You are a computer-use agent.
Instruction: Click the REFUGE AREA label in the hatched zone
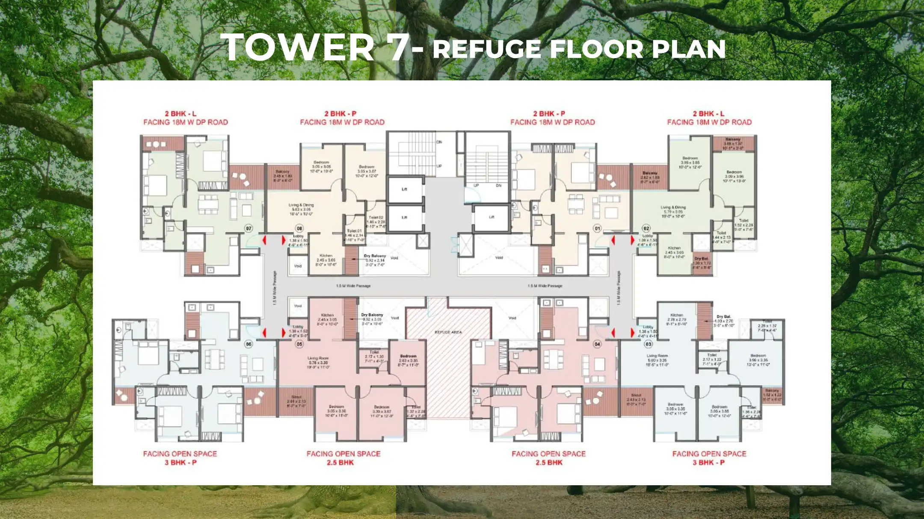point(448,332)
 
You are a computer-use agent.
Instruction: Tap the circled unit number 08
point(299,228)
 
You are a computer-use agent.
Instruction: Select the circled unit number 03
point(649,344)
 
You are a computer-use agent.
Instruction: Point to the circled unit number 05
point(299,344)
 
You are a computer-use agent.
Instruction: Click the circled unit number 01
point(598,228)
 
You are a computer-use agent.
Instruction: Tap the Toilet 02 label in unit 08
point(376,218)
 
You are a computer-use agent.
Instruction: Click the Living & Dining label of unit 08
point(301,205)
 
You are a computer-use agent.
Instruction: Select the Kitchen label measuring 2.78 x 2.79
point(677,315)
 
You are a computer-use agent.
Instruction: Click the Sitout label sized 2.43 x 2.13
point(636,395)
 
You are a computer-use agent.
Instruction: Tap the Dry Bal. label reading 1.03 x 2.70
point(724,317)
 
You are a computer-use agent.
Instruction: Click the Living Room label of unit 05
point(318,358)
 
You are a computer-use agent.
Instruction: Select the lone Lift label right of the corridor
point(492,217)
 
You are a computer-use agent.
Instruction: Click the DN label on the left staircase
point(439,142)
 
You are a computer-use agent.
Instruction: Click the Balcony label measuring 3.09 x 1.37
point(733,139)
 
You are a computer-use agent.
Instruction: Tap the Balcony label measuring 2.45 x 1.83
point(282,172)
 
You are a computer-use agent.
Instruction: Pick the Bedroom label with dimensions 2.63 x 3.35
point(408,356)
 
